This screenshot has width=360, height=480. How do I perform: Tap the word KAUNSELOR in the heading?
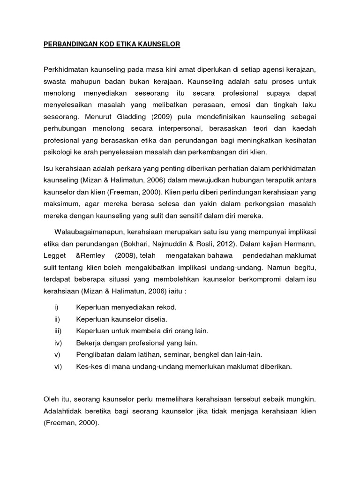click(158, 45)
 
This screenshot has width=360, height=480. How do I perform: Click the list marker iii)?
click(58, 330)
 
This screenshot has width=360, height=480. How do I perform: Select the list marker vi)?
click(58, 367)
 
